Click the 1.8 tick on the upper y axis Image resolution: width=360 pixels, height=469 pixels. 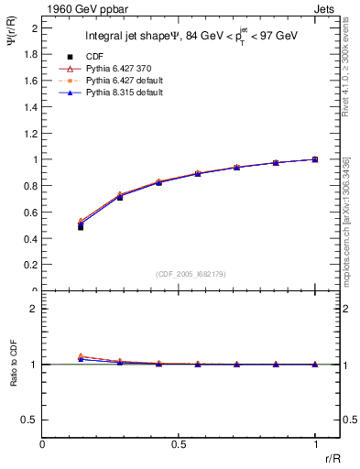click(x=30, y=54)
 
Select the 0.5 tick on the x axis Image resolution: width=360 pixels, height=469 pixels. click(x=179, y=444)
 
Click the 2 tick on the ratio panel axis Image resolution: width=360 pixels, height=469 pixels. click(x=34, y=309)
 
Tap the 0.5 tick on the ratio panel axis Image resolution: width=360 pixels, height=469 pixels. click(x=30, y=420)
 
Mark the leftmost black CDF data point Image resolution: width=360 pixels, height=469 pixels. click(x=81, y=226)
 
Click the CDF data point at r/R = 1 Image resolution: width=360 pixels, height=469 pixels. click(x=314, y=159)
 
